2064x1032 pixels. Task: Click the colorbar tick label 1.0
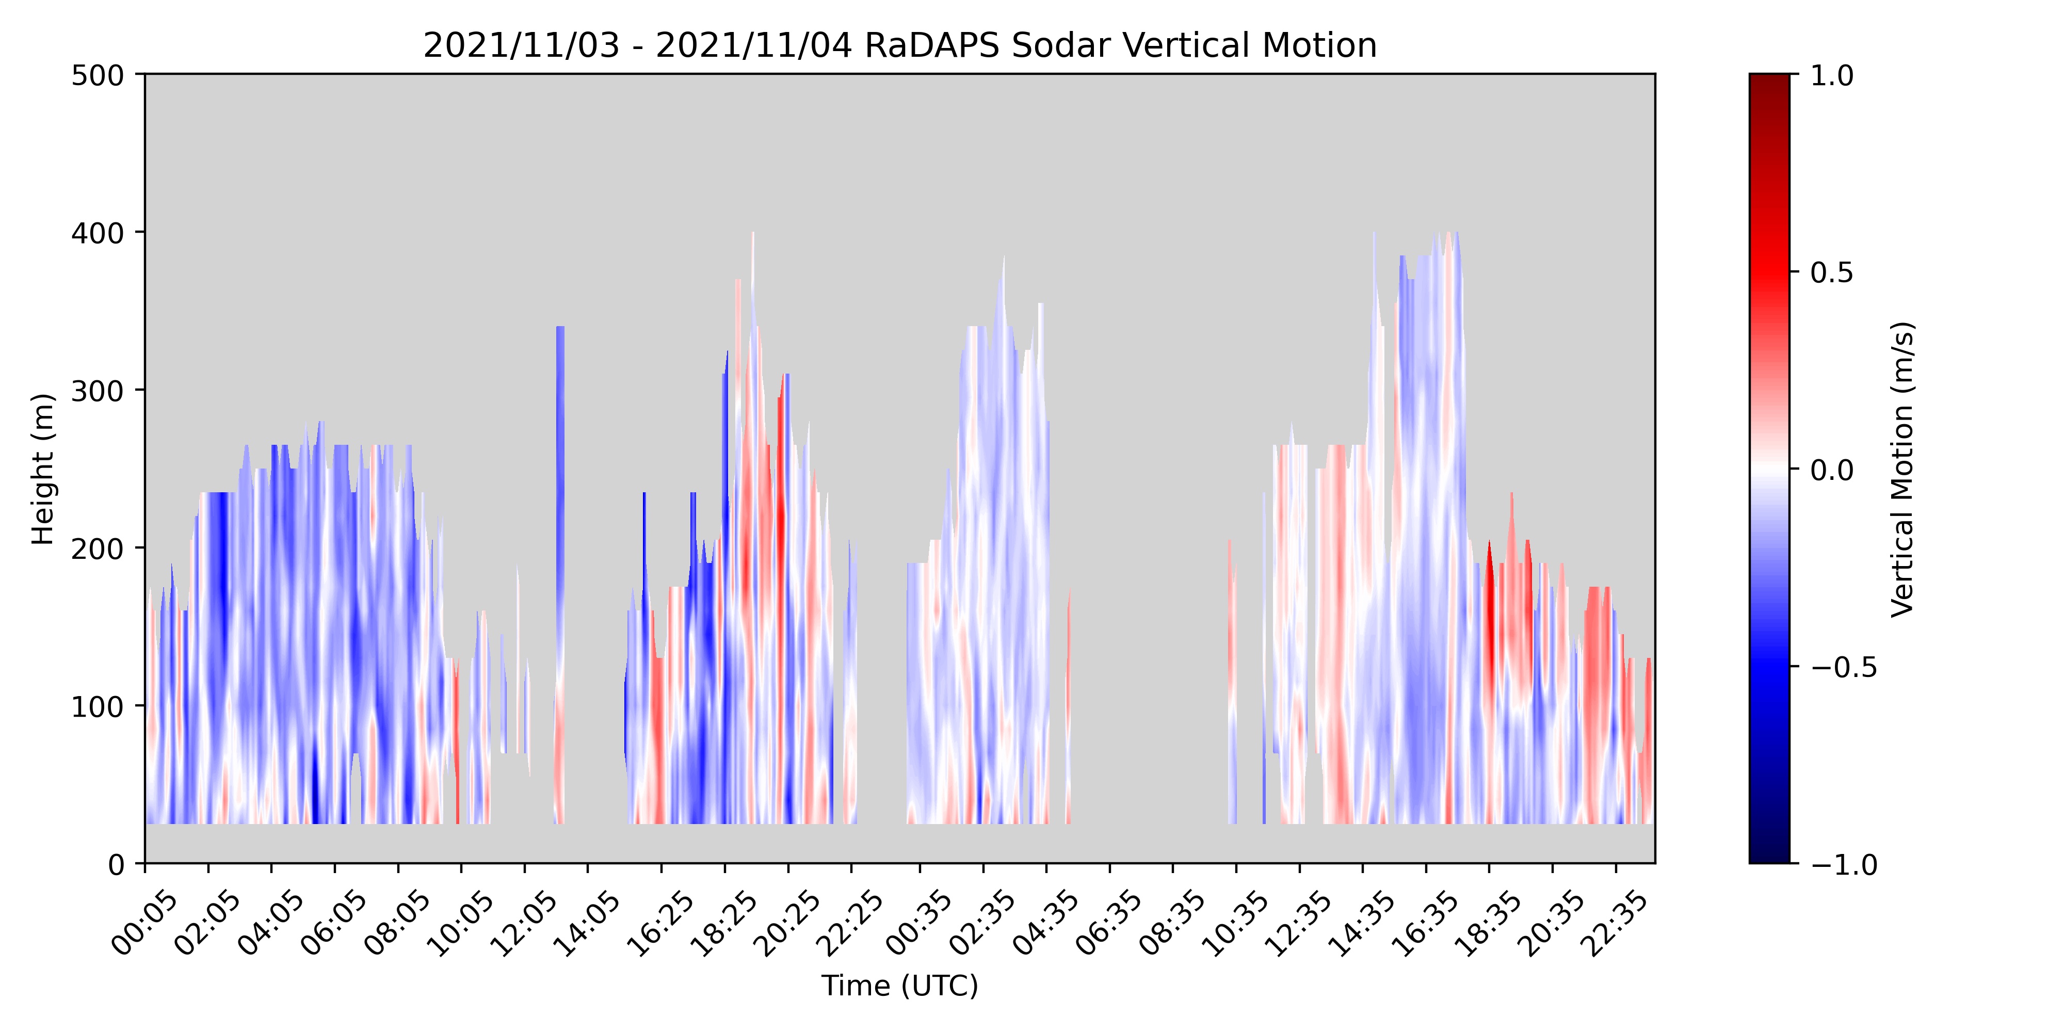1832,75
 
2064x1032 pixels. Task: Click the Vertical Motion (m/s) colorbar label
1901,470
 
